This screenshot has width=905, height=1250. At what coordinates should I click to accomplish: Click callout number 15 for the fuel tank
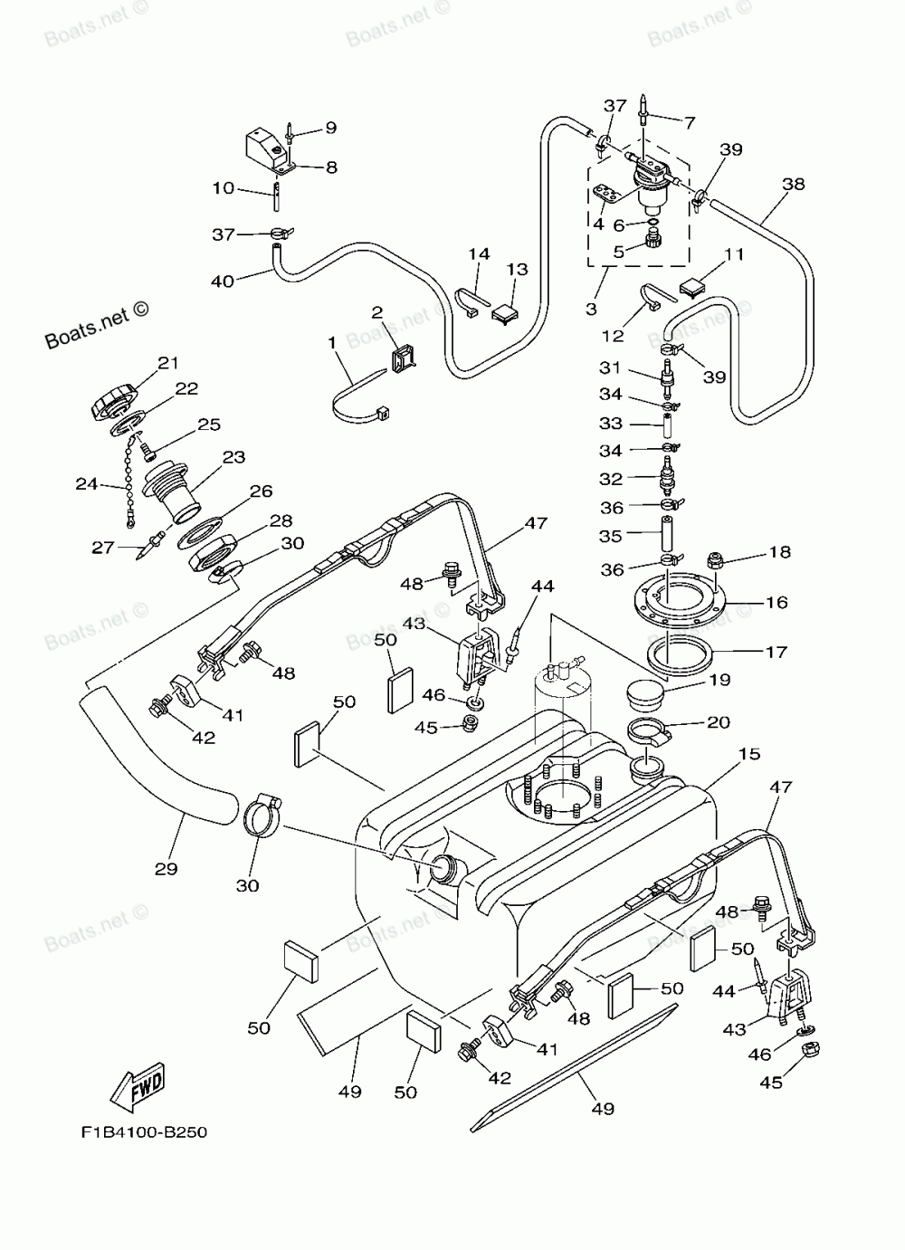point(749,754)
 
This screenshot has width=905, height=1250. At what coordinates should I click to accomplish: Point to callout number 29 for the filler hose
point(166,869)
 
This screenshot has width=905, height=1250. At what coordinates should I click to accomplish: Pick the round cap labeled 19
point(645,695)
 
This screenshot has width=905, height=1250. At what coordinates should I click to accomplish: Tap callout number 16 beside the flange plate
point(776,603)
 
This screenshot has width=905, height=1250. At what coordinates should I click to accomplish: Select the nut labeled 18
point(715,559)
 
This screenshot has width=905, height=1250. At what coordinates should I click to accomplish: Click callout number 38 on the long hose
point(794,184)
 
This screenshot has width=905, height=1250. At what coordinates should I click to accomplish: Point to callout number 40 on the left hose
point(222,281)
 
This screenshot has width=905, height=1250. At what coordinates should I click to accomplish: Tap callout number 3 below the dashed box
point(592,309)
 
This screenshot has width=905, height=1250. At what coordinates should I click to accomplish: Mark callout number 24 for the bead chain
point(87,484)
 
